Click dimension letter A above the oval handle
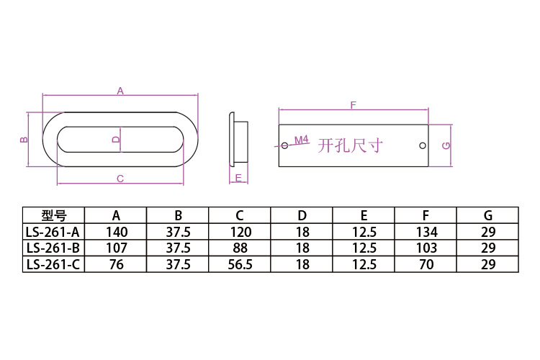(x=120, y=91)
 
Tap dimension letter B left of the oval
(x=24, y=140)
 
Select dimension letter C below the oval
(x=120, y=179)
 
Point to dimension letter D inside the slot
(x=117, y=139)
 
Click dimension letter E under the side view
(x=238, y=178)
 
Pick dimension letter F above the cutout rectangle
(x=353, y=105)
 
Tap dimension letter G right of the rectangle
(x=446, y=145)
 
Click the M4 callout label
(x=302, y=140)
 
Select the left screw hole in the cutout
(x=285, y=145)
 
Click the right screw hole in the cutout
(x=423, y=145)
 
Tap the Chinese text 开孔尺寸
(x=350, y=145)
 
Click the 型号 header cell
(x=54, y=216)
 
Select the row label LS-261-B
(x=53, y=248)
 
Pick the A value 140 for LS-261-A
(x=117, y=232)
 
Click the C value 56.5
(x=240, y=264)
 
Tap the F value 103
(x=426, y=248)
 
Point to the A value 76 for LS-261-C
(x=117, y=264)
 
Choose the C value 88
(x=240, y=248)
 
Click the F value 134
(x=426, y=232)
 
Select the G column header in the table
(x=488, y=216)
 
